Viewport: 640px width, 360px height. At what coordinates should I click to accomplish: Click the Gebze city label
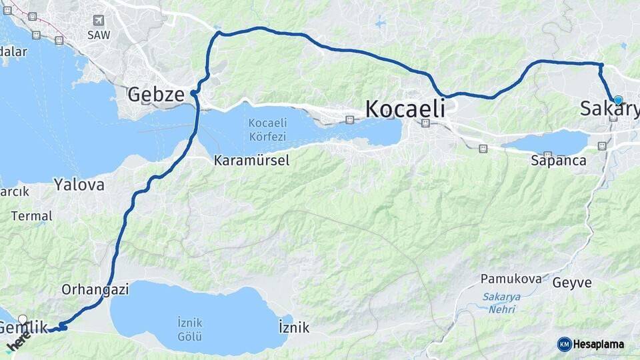tap(155, 95)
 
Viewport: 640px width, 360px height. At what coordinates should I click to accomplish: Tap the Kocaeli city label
tap(405, 109)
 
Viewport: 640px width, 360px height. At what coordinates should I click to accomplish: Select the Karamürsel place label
tap(251, 161)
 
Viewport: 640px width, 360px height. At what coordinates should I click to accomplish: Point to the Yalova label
tap(79, 185)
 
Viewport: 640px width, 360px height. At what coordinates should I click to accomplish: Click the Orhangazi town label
tap(95, 290)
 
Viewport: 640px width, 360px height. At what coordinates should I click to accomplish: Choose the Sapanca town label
tap(559, 161)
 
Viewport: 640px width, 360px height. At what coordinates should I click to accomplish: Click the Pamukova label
tap(511, 279)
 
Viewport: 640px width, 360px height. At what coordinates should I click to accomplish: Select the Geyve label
tap(572, 283)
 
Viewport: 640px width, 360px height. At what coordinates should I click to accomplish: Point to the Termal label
tap(31, 216)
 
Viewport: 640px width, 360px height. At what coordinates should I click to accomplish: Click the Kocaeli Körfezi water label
tap(267, 130)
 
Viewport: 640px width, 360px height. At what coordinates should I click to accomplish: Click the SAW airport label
tap(99, 35)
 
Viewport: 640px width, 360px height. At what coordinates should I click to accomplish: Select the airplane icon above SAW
tap(99, 21)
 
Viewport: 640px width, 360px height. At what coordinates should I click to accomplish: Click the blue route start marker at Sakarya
tap(618, 100)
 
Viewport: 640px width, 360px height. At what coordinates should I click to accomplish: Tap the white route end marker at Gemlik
tap(23, 319)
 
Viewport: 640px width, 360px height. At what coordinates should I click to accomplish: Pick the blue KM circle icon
tap(565, 345)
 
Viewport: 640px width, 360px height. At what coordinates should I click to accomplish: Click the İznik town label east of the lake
tap(294, 328)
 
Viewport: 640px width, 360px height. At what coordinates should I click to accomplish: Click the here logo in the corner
tap(18, 341)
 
